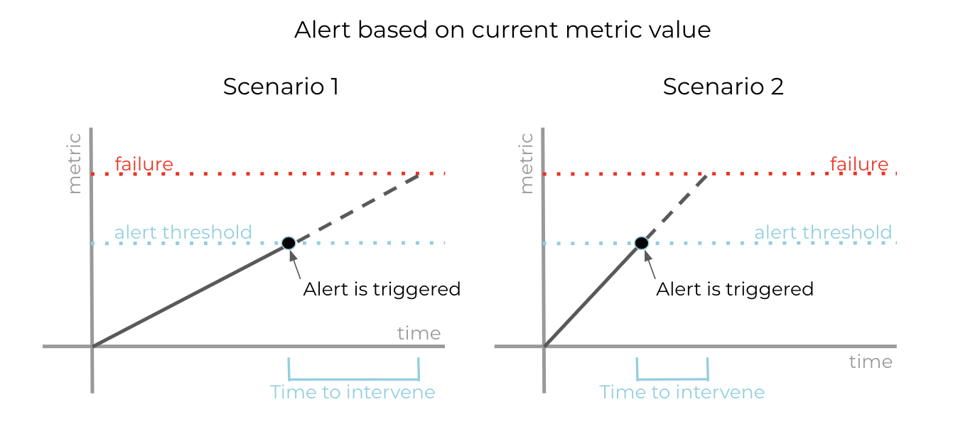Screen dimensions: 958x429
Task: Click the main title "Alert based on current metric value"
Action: click(x=502, y=30)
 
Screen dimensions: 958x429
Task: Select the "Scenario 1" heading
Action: click(x=281, y=87)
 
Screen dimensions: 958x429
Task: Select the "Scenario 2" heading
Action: click(x=723, y=87)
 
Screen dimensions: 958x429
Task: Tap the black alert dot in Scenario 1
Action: click(x=289, y=243)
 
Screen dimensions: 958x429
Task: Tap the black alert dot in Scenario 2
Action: click(x=642, y=243)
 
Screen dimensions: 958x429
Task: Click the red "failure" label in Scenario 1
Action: click(x=144, y=163)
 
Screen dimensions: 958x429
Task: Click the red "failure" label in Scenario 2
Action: click(x=859, y=163)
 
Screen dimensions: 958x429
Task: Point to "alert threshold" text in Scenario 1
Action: click(x=183, y=232)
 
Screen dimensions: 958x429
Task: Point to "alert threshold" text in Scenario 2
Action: click(x=823, y=232)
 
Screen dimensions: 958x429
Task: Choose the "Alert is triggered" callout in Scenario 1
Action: click(x=382, y=289)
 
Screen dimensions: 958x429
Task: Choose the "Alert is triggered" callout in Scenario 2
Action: click(x=735, y=289)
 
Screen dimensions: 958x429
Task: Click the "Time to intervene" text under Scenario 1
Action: click(x=352, y=392)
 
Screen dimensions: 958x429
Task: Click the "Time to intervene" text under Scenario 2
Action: click(x=682, y=392)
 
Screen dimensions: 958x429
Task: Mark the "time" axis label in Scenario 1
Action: click(x=419, y=333)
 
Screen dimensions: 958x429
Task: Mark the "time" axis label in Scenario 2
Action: click(x=871, y=362)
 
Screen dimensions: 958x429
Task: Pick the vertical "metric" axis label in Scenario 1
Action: click(x=74, y=163)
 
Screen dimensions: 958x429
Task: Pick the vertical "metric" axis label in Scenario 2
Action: click(x=526, y=163)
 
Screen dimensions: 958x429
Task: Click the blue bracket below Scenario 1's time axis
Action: click(x=353, y=379)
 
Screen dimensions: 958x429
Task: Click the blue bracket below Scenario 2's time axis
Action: click(x=672, y=379)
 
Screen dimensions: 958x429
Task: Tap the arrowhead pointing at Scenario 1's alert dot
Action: click(x=293, y=256)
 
